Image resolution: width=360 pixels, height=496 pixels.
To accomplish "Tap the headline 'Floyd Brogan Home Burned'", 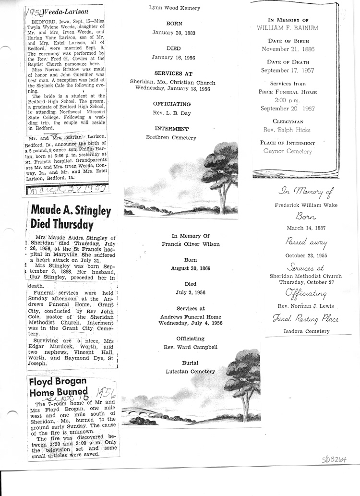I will (x=58, y=387).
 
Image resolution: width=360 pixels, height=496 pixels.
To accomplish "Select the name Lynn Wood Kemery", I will (x=174, y=8).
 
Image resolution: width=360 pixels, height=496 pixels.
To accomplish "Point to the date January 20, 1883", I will (x=174, y=33).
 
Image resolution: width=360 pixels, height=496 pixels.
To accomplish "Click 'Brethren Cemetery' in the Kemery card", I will (x=171, y=137).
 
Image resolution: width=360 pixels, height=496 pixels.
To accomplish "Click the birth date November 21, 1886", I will (x=288, y=49).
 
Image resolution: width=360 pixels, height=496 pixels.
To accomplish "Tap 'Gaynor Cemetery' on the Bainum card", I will (x=288, y=151).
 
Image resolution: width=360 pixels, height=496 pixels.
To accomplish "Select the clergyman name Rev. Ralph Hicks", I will (x=288, y=130).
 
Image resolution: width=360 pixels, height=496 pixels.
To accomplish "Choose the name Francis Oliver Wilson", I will (x=191, y=244).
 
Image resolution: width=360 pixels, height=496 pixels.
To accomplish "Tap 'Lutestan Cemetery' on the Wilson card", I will (x=191, y=371).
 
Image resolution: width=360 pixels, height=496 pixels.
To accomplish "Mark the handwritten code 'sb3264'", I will (x=334, y=460).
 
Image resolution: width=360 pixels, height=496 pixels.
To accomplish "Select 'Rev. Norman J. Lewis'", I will (x=305, y=306).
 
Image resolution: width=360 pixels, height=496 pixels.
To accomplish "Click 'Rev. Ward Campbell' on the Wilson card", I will (x=191, y=347).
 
